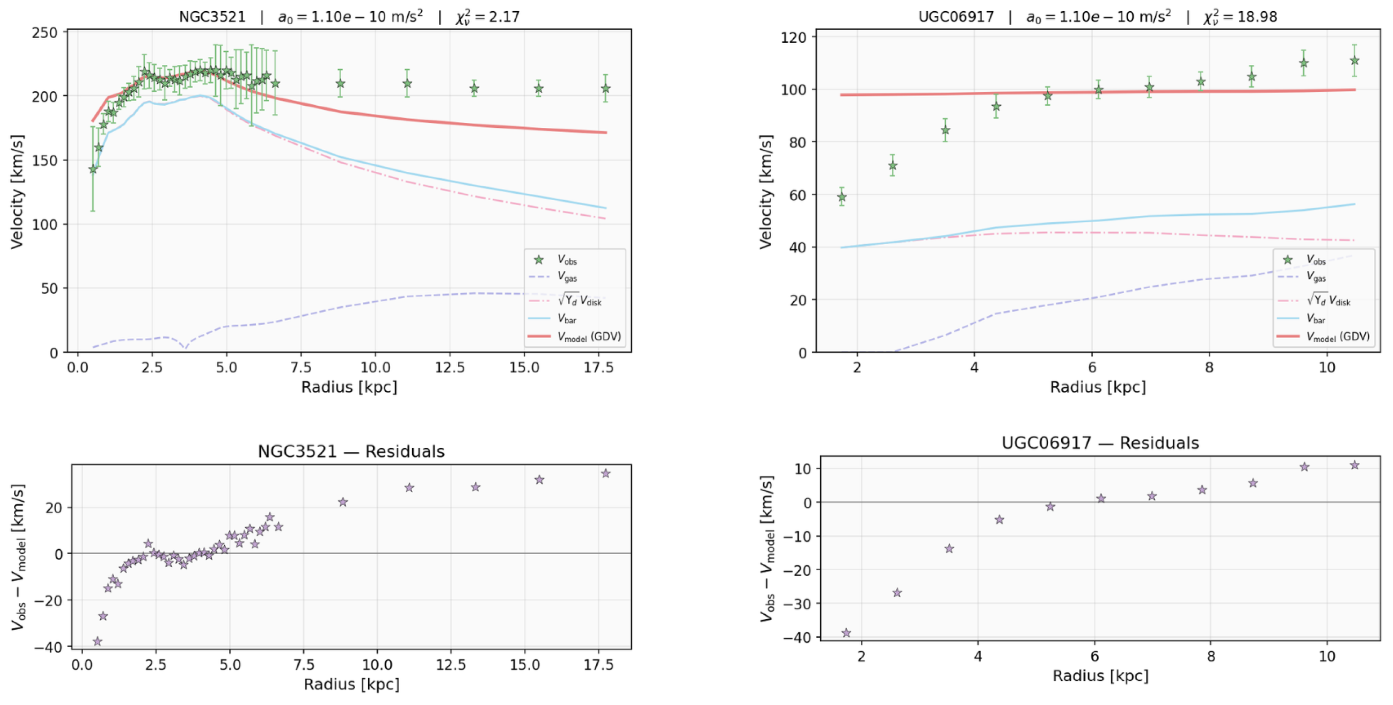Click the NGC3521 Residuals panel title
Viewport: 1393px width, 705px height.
point(351,451)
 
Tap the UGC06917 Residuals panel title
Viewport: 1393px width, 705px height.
point(1100,443)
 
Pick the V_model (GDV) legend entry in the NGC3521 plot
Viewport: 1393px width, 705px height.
point(589,336)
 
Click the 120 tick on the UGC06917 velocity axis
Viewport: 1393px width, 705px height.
point(793,37)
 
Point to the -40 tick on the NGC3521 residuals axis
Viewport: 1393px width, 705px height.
point(48,647)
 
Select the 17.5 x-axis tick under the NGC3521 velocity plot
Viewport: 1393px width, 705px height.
point(598,368)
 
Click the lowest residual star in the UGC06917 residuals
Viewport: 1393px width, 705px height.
point(846,633)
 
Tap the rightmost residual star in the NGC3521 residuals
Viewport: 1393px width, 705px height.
point(605,473)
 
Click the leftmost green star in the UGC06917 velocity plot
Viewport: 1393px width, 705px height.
point(842,198)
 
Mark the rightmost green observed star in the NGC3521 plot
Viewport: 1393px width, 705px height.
point(605,88)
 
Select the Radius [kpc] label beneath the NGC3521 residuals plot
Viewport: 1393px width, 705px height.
point(351,685)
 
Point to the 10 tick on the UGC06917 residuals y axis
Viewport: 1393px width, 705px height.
point(803,468)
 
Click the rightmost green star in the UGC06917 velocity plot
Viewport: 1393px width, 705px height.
point(1354,61)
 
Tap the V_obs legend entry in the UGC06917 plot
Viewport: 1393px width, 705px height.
point(1315,260)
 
